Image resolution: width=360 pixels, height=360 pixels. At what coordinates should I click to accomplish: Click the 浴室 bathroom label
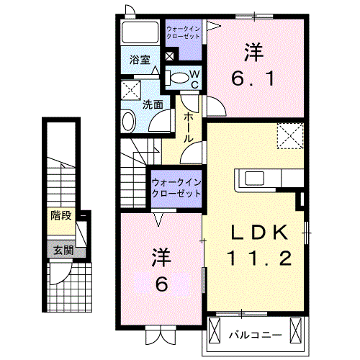coord(140,60)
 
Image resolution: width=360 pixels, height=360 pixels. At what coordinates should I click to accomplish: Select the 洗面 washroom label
coord(152,104)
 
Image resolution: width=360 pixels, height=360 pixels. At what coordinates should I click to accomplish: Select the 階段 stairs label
coord(60,215)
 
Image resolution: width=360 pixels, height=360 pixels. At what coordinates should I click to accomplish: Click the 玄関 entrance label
coord(61,251)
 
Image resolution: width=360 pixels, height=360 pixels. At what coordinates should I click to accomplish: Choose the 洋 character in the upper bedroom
coord(252,51)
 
